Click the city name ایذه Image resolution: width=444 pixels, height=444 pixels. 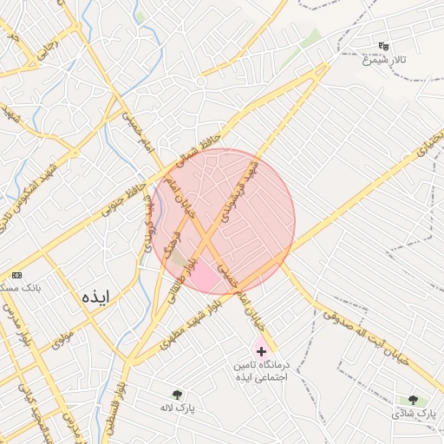tap(94, 296)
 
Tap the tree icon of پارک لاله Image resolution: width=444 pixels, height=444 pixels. tap(178, 395)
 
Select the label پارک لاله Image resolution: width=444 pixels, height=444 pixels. tap(178, 408)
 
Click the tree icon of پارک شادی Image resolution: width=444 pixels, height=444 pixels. tap(413, 401)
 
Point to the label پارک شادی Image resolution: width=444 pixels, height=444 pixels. tap(413, 414)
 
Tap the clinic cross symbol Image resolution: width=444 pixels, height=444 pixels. tap(261, 351)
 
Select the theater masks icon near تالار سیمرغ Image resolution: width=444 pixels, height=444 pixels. tap(384, 46)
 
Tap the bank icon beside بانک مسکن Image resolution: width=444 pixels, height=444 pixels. tap(16, 274)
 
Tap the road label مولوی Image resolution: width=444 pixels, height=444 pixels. tap(60, 334)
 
